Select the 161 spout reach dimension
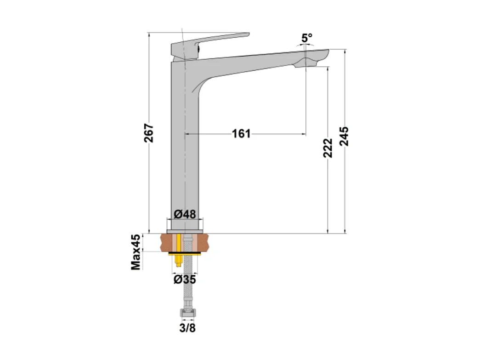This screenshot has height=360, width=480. pos(241,134)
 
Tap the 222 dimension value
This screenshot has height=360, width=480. pos(328,148)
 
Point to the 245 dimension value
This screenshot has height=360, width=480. pos(344,137)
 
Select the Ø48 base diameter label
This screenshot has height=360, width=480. pos(185,214)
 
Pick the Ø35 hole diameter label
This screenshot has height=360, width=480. pos(185,280)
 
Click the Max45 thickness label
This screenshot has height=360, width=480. pos(136,252)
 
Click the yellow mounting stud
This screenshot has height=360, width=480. pos(178,251)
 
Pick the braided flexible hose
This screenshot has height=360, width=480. pos(188,285)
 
